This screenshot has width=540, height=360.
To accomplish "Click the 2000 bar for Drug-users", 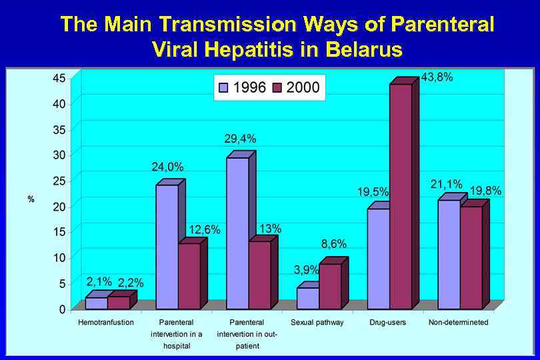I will pos(400,197).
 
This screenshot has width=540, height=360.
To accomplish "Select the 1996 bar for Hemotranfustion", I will pos(97,303).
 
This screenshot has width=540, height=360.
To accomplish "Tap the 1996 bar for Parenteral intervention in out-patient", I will pos(237,233).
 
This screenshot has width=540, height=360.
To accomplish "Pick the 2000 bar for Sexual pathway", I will pos(330,287).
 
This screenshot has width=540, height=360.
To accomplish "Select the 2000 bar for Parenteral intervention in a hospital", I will pos(189,276).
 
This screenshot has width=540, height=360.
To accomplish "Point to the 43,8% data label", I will pos(437,77).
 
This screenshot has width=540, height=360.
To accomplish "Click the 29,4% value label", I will pos(241,139).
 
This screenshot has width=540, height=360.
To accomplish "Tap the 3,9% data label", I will pos(307,270).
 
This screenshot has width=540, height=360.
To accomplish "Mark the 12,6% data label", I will pos(205,229).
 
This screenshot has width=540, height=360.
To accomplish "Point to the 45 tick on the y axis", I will pos(59,78).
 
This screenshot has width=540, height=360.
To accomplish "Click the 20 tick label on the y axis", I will pos(59,207).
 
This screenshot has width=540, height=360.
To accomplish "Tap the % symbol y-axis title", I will pos(31,199).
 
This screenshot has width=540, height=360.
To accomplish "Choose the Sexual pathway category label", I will pos(317,323).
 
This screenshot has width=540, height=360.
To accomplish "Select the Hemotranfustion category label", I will pos(107,323).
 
